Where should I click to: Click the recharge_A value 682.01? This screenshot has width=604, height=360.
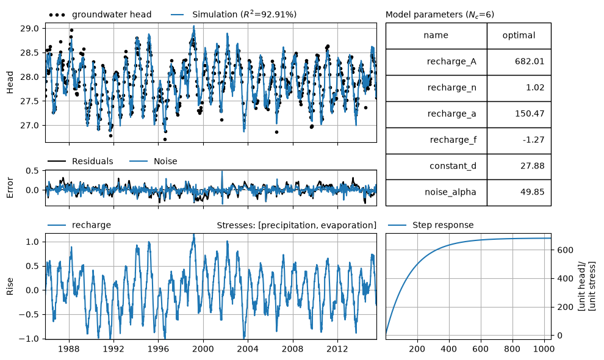click(x=530, y=61)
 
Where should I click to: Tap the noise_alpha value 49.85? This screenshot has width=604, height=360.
click(x=533, y=192)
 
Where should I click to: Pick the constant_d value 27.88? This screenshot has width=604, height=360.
click(x=533, y=166)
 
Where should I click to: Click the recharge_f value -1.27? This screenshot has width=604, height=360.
click(x=533, y=140)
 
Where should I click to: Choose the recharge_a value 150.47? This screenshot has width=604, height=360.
click(x=530, y=113)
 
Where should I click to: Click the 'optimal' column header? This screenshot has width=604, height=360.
click(x=519, y=35)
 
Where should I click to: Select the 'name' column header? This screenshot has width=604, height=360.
click(x=436, y=35)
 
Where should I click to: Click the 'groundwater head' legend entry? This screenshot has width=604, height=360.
click(x=100, y=15)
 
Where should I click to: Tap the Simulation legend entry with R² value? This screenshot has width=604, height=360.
click(x=234, y=15)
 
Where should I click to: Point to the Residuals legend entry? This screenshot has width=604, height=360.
click(x=80, y=161)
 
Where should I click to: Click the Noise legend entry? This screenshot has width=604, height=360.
click(x=153, y=161)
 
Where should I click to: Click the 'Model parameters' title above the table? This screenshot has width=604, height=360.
click(x=439, y=15)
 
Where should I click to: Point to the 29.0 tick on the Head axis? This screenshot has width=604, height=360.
click(x=29, y=29)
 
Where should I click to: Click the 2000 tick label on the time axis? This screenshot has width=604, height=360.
click(x=203, y=349)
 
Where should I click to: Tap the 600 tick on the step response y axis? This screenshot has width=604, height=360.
click(x=565, y=250)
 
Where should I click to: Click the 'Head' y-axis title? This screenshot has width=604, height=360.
click(x=10, y=82)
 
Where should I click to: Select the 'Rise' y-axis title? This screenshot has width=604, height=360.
click(x=10, y=286)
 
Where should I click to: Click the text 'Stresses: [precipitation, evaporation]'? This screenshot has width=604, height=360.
click(x=297, y=225)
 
